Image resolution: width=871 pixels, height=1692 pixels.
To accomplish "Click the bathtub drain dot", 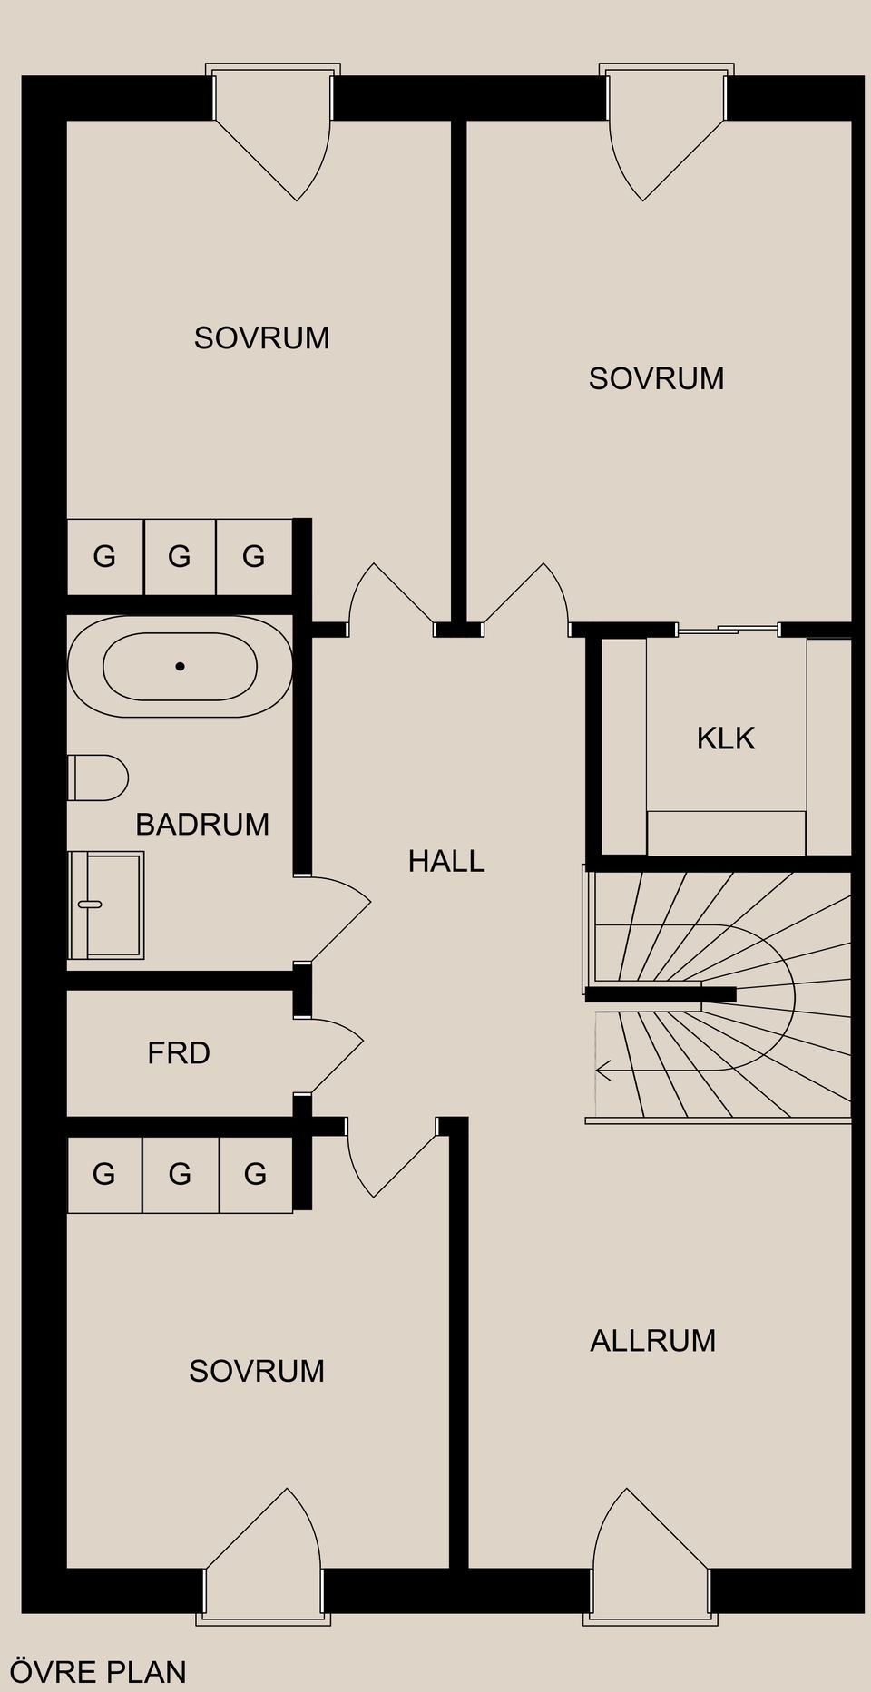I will pyautogui.click(x=180, y=666).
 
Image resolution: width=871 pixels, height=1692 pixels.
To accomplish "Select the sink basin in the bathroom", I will pyautogui.click(x=107, y=905).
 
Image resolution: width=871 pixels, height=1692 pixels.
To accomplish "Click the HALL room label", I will pyautogui.click(x=445, y=861).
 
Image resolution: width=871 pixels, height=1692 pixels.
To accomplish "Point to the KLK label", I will pyautogui.click(x=725, y=738).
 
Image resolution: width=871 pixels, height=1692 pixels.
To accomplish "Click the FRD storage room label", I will pyautogui.click(x=179, y=1052).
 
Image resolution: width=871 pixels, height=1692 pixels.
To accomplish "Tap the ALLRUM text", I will pyautogui.click(x=652, y=1340).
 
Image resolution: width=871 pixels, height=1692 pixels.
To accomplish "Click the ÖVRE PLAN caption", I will pyautogui.click(x=97, y=1671).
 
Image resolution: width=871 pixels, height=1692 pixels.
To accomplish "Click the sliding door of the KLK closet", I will pyautogui.click(x=727, y=629).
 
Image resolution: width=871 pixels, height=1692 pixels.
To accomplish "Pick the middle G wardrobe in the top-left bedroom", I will pyautogui.click(x=180, y=556).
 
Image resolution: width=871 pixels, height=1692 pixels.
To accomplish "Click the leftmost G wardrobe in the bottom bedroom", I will pyautogui.click(x=104, y=1174).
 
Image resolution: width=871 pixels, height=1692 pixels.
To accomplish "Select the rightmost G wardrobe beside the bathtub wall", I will pyautogui.click(x=254, y=556).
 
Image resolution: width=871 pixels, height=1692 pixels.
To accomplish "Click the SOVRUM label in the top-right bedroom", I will pyautogui.click(x=656, y=378).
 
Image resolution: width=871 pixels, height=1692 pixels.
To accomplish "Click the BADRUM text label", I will pyautogui.click(x=202, y=824).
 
